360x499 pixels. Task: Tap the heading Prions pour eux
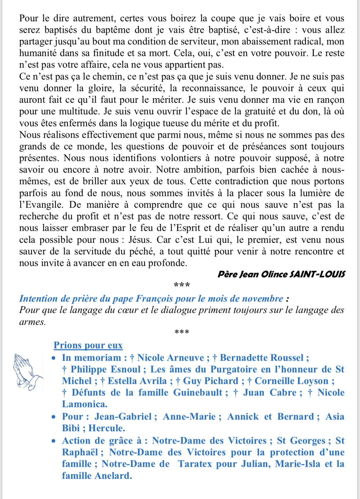[x=88, y=345]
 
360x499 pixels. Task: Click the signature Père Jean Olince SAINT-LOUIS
[x=281, y=274]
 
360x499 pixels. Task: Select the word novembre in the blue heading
[x=262, y=299]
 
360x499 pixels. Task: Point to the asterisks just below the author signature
[x=182, y=285]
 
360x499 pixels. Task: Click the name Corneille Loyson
[x=291, y=381]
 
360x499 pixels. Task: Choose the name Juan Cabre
[x=270, y=393]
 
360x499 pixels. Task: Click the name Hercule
[x=107, y=428]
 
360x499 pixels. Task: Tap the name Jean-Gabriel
[x=123, y=417]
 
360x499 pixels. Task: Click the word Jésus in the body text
[x=140, y=240]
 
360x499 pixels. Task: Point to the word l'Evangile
[x=41, y=205]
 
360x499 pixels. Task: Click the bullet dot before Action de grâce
[x=53, y=441]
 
